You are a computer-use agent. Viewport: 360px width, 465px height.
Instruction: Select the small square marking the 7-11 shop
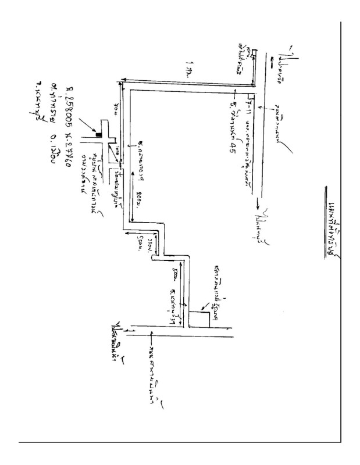(x=248, y=93)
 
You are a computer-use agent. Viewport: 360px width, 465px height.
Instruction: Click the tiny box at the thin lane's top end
(x=254, y=53)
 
